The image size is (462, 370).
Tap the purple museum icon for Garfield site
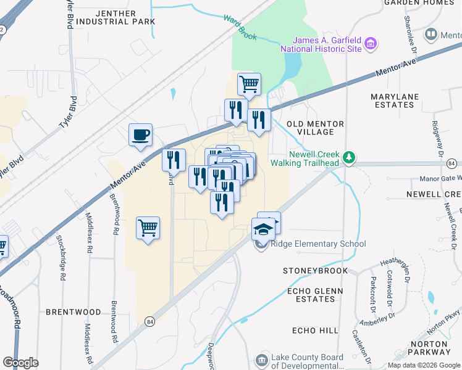point(371,44)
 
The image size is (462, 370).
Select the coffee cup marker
point(141,134)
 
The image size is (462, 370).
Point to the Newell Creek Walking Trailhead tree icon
point(349,158)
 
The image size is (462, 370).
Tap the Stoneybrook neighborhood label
point(315,271)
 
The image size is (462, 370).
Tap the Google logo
point(20,363)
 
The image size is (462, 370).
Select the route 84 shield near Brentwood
point(149,321)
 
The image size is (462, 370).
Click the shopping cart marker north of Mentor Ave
point(249,83)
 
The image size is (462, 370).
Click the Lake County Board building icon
point(262,359)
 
